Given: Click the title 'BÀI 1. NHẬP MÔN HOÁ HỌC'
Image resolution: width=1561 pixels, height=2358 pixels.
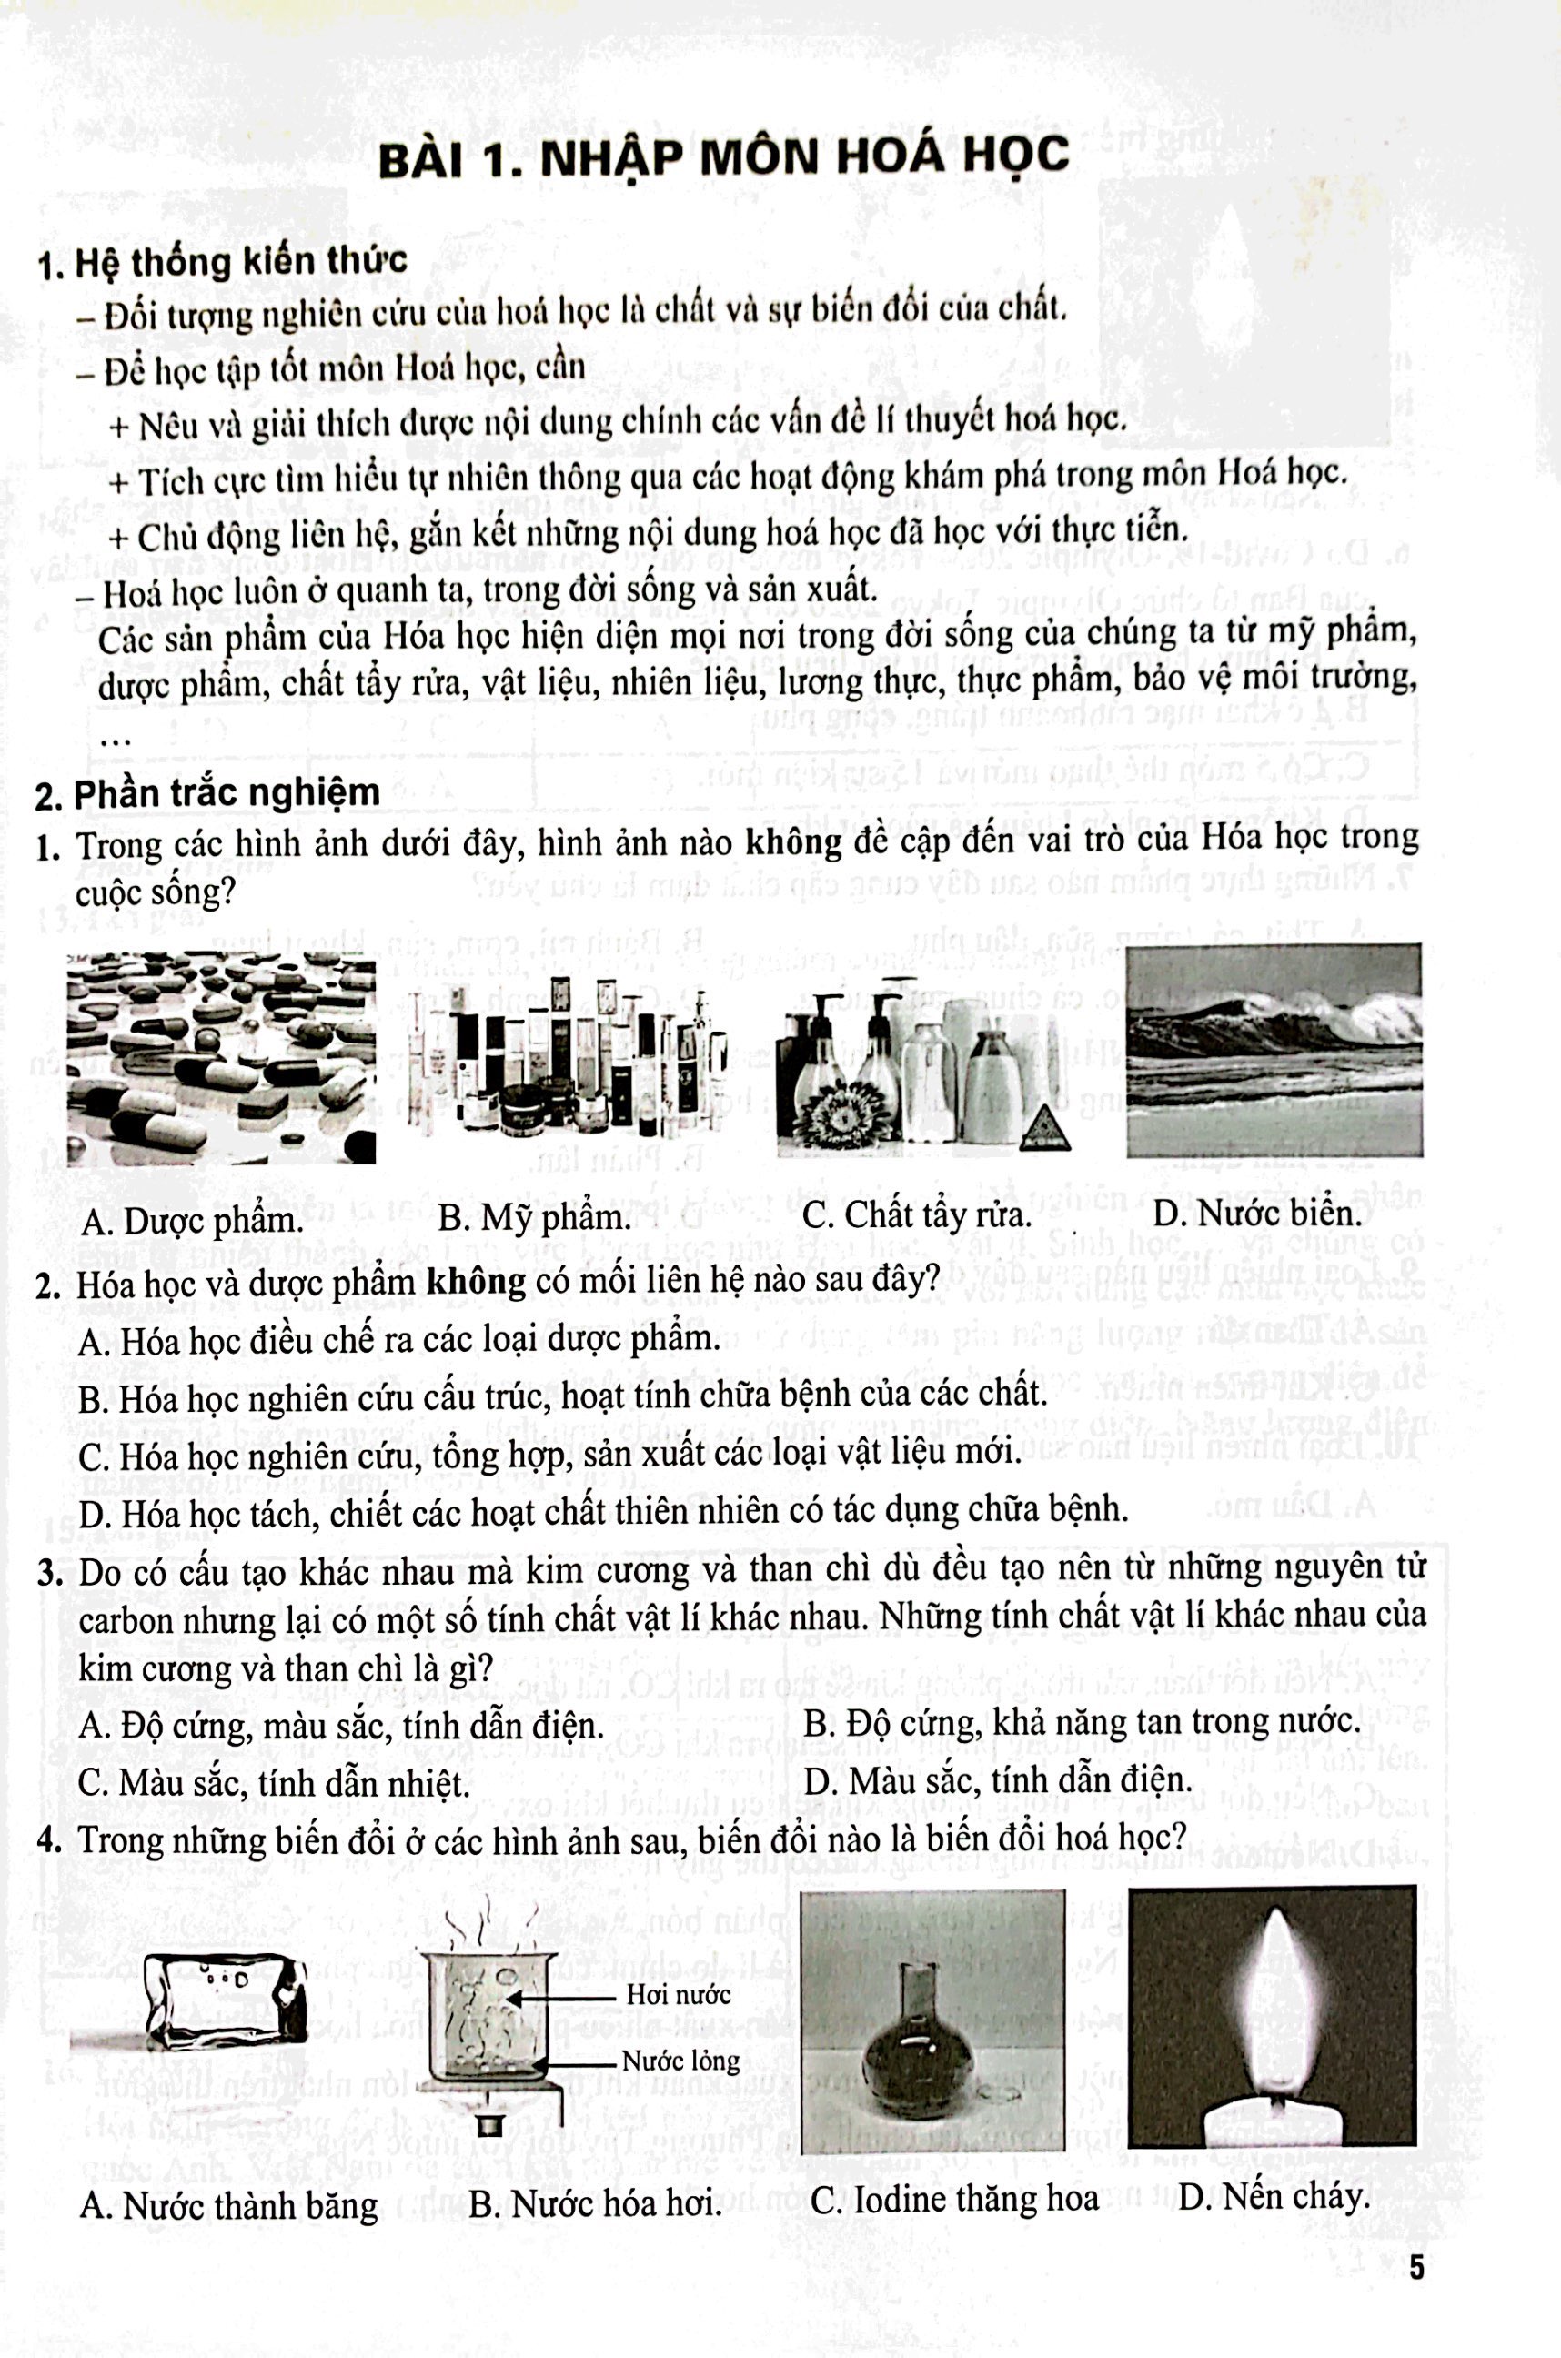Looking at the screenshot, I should point(724,158).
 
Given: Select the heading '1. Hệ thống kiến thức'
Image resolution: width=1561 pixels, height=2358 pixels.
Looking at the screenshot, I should point(221,262).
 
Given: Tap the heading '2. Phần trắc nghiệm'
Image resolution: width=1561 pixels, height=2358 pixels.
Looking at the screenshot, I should point(207,793).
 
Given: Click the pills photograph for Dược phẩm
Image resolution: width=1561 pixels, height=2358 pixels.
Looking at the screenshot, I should point(221,1057).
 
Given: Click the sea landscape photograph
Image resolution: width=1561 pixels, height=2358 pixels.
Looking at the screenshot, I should point(1274,1050).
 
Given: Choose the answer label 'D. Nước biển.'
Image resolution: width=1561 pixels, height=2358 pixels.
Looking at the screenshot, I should point(1256,1213).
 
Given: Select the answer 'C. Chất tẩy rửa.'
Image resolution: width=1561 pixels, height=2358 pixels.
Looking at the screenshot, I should point(916,1214).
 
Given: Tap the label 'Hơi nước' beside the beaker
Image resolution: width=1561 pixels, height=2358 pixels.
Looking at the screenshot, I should point(678,1994).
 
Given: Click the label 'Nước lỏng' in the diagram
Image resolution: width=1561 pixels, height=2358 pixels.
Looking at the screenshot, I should point(681,2061).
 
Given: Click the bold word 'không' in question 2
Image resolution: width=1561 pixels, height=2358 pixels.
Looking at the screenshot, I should point(476,1283).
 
